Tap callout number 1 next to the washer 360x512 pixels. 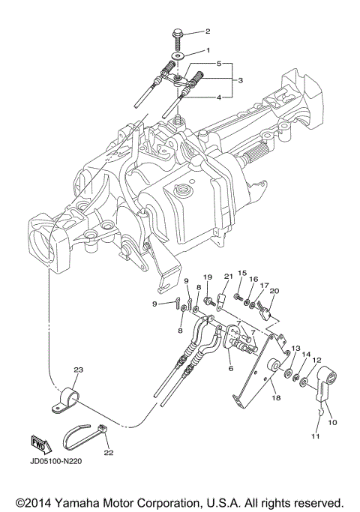click(208, 49)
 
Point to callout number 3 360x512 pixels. click(241, 79)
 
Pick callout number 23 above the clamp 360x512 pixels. click(77, 370)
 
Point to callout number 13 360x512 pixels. click(295, 349)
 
